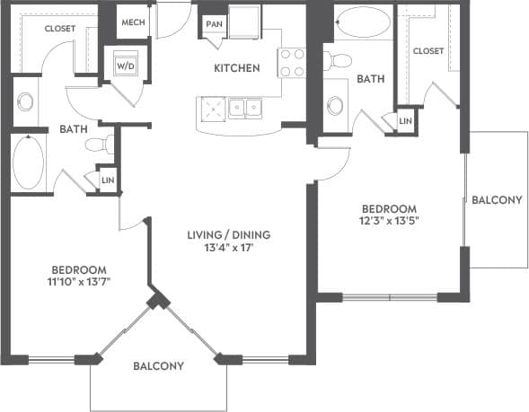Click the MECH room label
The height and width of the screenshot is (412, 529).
tap(133, 22)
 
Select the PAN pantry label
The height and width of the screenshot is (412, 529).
tap(214, 24)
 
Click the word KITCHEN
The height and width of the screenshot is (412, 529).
tap(236, 68)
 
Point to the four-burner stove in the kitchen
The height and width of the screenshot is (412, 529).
tap(291, 63)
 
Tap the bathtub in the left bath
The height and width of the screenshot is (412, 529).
tap(31, 164)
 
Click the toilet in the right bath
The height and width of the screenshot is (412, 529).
tap(339, 62)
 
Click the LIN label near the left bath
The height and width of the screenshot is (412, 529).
tap(108, 179)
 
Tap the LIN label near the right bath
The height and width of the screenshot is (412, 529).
tap(405, 120)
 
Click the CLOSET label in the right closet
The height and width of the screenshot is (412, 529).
tap(428, 51)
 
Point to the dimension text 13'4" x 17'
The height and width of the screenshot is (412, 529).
tap(228, 249)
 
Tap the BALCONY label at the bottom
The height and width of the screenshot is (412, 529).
tap(158, 366)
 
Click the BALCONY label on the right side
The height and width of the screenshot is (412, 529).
tap(496, 199)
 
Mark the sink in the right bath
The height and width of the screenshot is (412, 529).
tap(336, 103)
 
